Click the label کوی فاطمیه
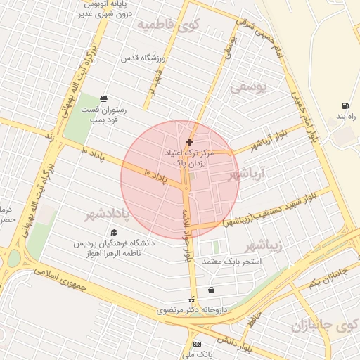pos(169,25)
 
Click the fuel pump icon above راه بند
pos(345,105)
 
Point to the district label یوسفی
pos(249,88)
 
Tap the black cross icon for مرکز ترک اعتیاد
pos(189,143)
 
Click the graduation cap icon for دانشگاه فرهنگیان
pos(114,232)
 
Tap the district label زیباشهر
pos(264,245)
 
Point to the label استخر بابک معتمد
pos(232,262)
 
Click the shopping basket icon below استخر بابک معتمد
pos(211,290)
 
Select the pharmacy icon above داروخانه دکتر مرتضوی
pos(191,300)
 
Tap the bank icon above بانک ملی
pos(196,344)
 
